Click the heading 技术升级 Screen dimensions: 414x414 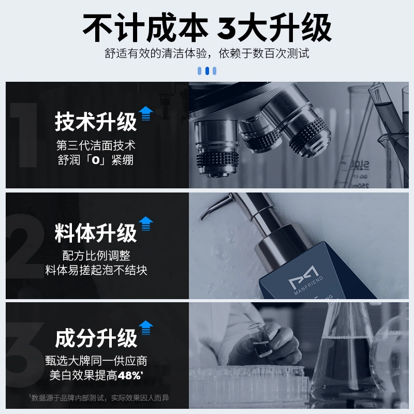tap(96, 122)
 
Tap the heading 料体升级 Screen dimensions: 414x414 tap(96, 232)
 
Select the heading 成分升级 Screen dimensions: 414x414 tap(96, 338)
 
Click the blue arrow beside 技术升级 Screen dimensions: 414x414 tap(146, 113)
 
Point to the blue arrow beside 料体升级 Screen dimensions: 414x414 tap(146, 224)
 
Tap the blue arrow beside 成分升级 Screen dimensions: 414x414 tap(146, 328)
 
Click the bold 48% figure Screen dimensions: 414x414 tap(129, 375)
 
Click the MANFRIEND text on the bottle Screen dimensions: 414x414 tap(308, 286)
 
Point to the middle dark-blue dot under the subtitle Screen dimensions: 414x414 tap(207, 71)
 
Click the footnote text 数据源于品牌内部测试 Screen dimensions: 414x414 tap(68, 398)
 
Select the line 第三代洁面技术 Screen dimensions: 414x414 tap(96, 145)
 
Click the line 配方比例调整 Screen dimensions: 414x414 tap(96, 256)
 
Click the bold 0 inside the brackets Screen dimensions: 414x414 tap(96, 160)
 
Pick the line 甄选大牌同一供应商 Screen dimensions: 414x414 tap(96, 361)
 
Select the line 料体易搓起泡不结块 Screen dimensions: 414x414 tap(96, 270)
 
